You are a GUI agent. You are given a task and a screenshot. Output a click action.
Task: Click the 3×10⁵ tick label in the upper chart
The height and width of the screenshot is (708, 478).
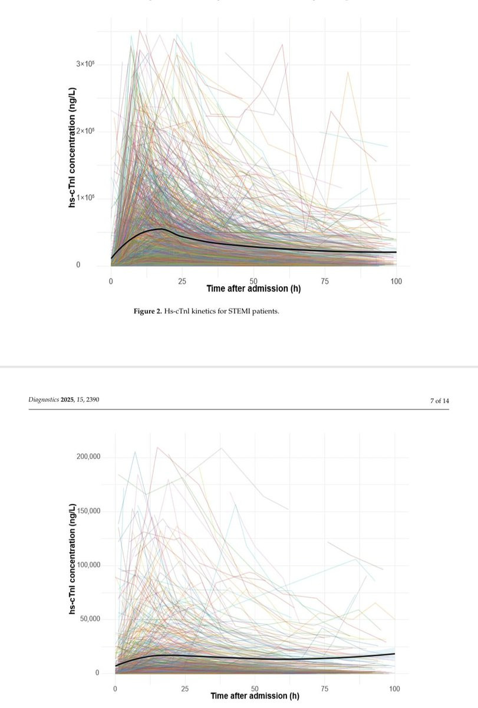coord(85,63)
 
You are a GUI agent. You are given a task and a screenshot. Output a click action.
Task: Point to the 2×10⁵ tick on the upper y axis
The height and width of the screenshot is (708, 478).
coord(85,130)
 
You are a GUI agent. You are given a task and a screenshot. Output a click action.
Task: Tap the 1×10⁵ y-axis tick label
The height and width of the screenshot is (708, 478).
coord(85,198)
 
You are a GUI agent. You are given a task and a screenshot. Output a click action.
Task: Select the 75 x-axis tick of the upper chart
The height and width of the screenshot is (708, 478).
coord(325,281)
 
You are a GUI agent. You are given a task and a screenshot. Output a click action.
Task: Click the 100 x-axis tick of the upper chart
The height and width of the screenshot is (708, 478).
coord(396,281)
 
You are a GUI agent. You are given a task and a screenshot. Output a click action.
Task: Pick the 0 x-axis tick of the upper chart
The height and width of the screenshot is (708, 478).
coord(111,281)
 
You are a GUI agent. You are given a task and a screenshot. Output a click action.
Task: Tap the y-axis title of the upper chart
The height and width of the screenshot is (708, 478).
coord(72,147)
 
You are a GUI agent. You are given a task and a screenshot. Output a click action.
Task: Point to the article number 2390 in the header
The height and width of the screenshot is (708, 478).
coord(91,400)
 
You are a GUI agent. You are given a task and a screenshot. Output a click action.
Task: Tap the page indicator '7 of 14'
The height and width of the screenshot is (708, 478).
coord(440,401)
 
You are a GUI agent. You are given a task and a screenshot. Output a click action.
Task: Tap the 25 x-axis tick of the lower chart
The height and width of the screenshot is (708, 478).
coord(184,689)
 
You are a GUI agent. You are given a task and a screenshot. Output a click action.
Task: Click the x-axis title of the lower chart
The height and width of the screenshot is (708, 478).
coord(255,696)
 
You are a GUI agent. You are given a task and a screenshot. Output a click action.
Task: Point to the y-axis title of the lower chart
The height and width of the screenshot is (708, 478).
coord(72,561)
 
